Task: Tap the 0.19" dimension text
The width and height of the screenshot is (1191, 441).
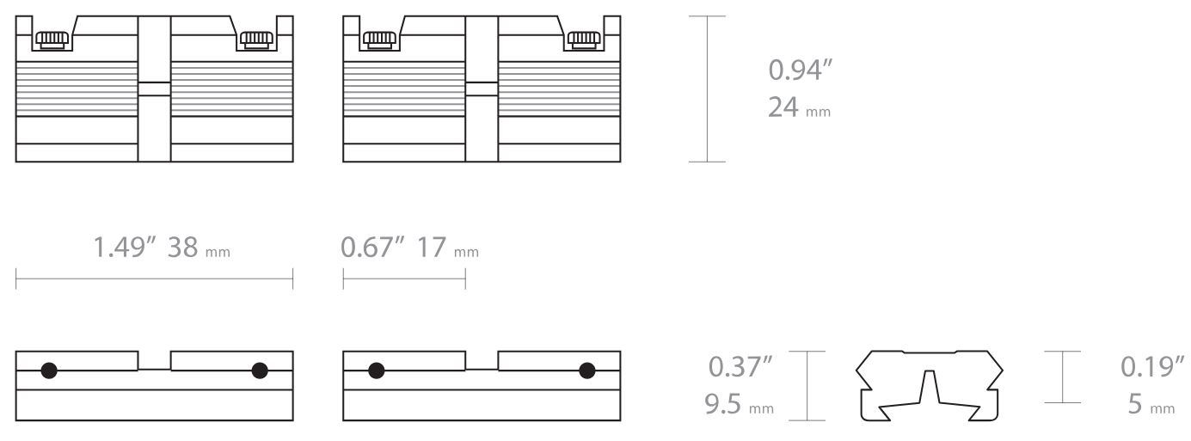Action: [1148, 367]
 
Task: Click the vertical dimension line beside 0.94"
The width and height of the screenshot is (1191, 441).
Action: [708, 89]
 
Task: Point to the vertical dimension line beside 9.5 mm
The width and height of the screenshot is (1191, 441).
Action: [807, 385]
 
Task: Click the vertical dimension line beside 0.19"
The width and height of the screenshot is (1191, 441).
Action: [1061, 377]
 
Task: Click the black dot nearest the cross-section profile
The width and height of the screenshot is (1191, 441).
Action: [586, 371]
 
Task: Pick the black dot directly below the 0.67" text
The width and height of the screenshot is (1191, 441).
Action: [376, 371]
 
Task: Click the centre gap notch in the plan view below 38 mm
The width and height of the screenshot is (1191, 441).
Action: [154, 360]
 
